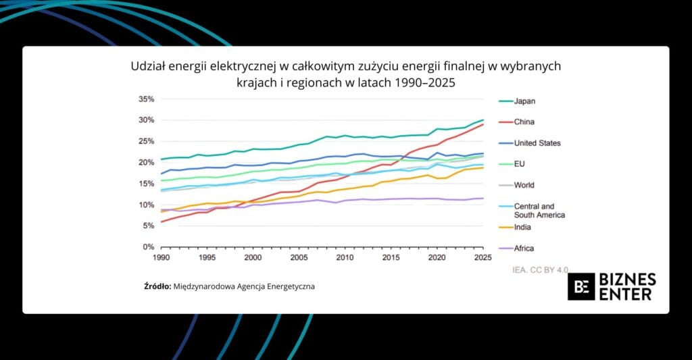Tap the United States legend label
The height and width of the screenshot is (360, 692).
(537, 143)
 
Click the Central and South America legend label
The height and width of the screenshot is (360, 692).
(539, 210)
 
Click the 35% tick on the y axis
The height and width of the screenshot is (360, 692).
(146, 99)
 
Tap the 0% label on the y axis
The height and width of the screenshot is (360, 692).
(149, 247)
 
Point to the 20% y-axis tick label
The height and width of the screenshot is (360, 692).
(146, 163)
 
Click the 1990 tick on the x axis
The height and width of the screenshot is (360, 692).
(161, 258)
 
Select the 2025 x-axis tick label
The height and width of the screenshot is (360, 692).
(483, 258)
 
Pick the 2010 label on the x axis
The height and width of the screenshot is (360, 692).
(345, 258)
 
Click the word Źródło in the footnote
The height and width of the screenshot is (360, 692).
(157, 286)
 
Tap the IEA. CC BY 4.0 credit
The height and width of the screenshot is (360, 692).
(541, 269)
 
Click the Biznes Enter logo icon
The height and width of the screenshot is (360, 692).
(581, 286)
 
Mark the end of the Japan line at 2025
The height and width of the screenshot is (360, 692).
(483, 120)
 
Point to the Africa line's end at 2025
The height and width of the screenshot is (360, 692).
(483, 198)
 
